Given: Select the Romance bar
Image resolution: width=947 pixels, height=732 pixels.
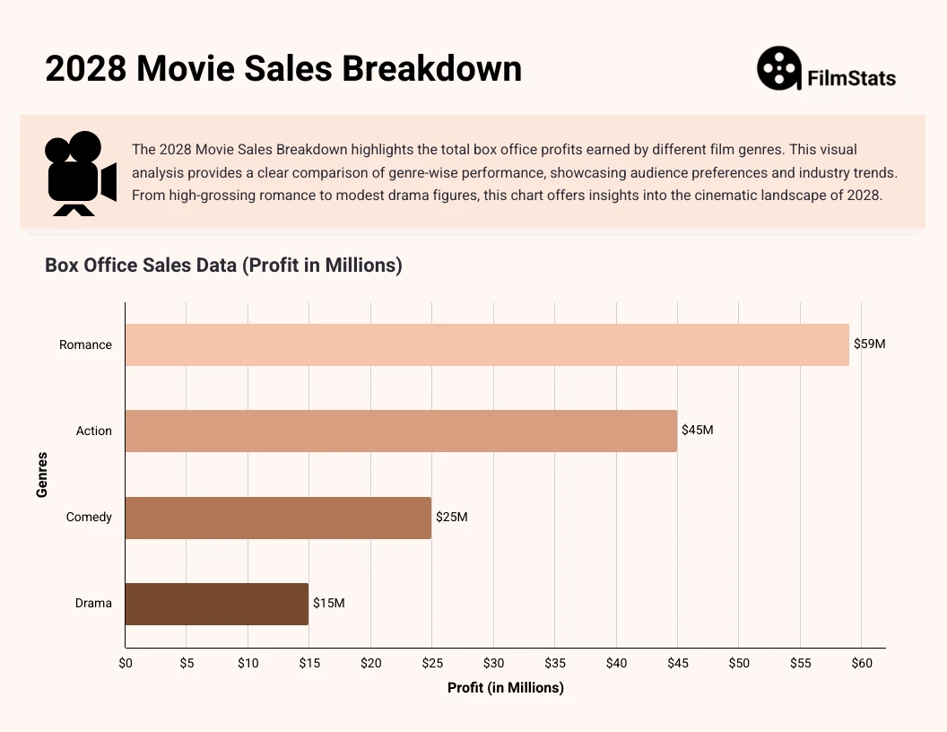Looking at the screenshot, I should (486, 344).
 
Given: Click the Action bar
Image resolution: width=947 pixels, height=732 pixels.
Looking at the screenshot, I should (401, 431).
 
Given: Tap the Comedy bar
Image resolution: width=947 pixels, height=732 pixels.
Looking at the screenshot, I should (278, 518).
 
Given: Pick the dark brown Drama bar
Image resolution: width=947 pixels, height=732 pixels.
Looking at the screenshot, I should (216, 604).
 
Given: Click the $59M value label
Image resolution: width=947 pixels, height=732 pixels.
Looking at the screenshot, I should (869, 344).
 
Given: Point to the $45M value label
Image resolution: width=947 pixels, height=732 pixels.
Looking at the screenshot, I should (697, 430).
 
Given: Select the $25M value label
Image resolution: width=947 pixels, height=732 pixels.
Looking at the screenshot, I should (451, 517).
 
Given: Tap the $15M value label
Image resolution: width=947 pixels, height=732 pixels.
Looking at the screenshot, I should (328, 603).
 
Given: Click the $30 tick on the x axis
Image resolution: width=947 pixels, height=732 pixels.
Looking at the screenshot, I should (493, 663).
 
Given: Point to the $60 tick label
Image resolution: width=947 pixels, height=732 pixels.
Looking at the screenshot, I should (861, 663).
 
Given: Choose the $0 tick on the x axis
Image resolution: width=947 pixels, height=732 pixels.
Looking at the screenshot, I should (126, 663).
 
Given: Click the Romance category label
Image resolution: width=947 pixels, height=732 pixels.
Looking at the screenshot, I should (85, 344).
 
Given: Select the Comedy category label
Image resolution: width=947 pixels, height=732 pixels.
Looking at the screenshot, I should (89, 517).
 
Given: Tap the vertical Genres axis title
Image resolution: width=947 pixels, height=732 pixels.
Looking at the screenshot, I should (42, 475).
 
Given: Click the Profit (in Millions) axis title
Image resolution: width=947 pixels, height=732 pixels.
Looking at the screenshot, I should (505, 688).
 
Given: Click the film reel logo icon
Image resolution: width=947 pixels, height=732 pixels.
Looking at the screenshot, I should (778, 69).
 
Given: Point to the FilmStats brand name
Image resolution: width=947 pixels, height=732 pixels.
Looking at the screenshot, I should (851, 78).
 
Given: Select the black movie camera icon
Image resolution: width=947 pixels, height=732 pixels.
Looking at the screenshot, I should (80, 173).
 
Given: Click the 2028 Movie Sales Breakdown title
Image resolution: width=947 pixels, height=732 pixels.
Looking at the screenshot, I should (283, 69).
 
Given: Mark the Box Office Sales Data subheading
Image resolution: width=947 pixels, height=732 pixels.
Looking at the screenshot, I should (223, 265).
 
